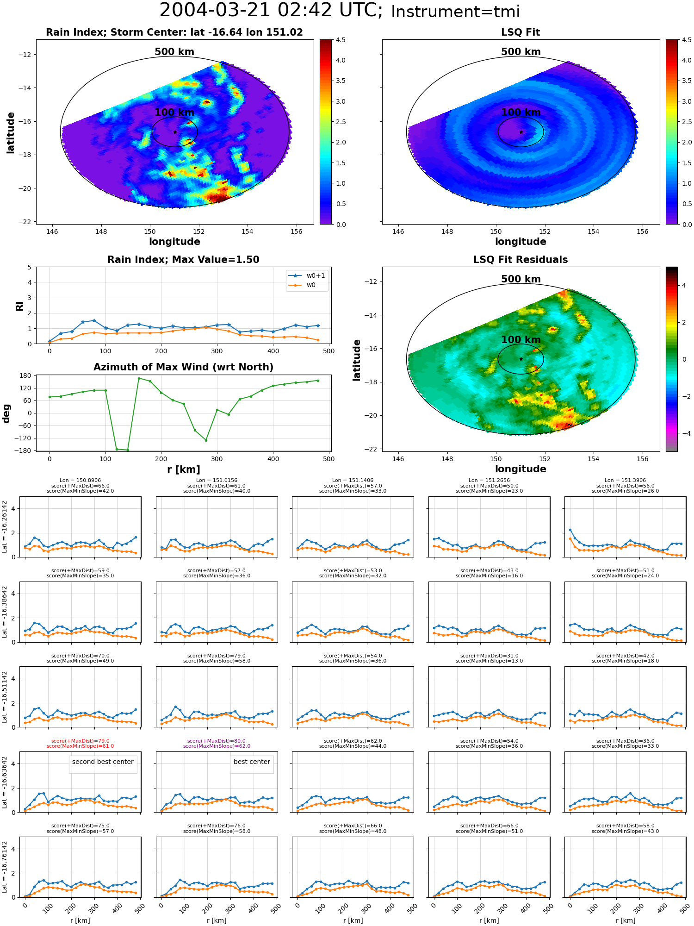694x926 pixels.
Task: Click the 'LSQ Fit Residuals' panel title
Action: (x=520, y=260)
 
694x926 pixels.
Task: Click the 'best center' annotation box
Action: (x=252, y=762)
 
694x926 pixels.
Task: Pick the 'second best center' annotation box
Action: (x=103, y=762)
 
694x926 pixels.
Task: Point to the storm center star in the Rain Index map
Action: (x=175, y=132)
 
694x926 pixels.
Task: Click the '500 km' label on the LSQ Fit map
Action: (x=521, y=52)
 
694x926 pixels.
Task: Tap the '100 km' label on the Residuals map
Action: (x=521, y=340)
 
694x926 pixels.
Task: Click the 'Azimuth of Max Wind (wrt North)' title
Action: (x=183, y=367)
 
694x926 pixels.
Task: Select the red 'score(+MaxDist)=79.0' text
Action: (x=81, y=741)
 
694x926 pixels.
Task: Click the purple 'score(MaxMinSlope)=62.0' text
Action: (x=217, y=746)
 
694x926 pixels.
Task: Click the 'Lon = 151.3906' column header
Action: (x=626, y=481)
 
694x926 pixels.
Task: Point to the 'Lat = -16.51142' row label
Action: (x=5, y=697)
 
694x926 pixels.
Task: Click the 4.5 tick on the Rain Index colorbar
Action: (x=341, y=40)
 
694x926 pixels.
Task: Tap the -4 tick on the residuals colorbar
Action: (x=684, y=433)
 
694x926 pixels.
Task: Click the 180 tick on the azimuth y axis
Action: (x=26, y=375)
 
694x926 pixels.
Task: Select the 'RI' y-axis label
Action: (x=19, y=306)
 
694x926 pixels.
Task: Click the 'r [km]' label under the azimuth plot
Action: (x=183, y=469)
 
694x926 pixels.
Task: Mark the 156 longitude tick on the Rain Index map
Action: (x=296, y=231)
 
